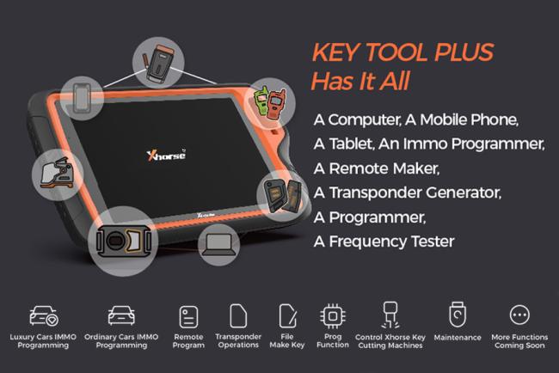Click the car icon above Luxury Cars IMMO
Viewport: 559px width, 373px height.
44,315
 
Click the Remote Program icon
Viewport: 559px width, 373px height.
188,315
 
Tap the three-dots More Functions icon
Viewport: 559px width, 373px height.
520,315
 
